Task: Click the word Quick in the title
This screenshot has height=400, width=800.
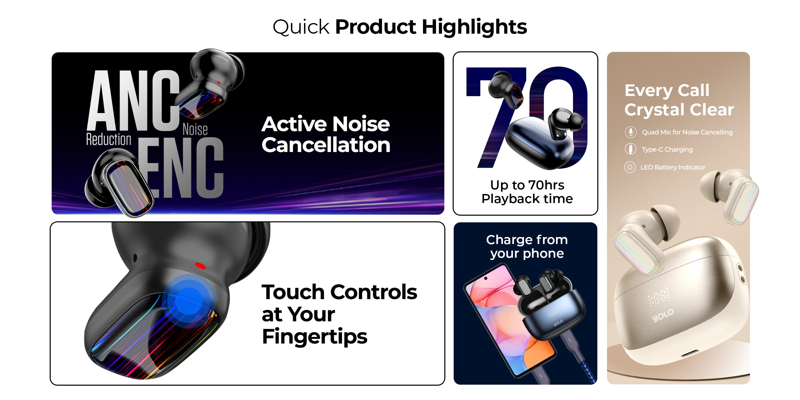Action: pyautogui.click(x=301, y=27)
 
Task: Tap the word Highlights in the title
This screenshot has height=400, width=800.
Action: pyautogui.click(x=474, y=27)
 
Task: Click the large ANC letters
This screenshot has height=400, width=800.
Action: pyautogui.click(x=133, y=101)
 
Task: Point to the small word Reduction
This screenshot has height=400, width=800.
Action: pyautogui.click(x=109, y=139)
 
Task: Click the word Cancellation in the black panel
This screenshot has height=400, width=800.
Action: pyautogui.click(x=326, y=145)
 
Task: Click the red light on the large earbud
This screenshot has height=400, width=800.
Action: pyautogui.click(x=200, y=266)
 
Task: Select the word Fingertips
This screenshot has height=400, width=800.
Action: pyautogui.click(x=315, y=337)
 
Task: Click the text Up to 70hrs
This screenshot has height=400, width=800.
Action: pyautogui.click(x=527, y=185)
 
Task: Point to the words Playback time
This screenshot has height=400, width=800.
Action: pyautogui.click(x=527, y=199)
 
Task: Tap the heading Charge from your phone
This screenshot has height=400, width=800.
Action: pyautogui.click(x=527, y=247)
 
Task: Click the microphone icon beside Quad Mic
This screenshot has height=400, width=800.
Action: pyautogui.click(x=630, y=132)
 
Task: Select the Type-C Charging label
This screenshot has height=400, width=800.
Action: pyautogui.click(x=667, y=150)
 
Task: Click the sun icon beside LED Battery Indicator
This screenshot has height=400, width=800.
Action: pyautogui.click(x=630, y=167)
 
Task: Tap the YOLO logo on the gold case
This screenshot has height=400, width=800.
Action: pyautogui.click(x=663, y=315)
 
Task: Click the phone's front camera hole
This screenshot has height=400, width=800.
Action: pyautogui.click(x=486, y=278)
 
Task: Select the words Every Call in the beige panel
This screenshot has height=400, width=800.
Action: pyautogui.click(x=667, y=90)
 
